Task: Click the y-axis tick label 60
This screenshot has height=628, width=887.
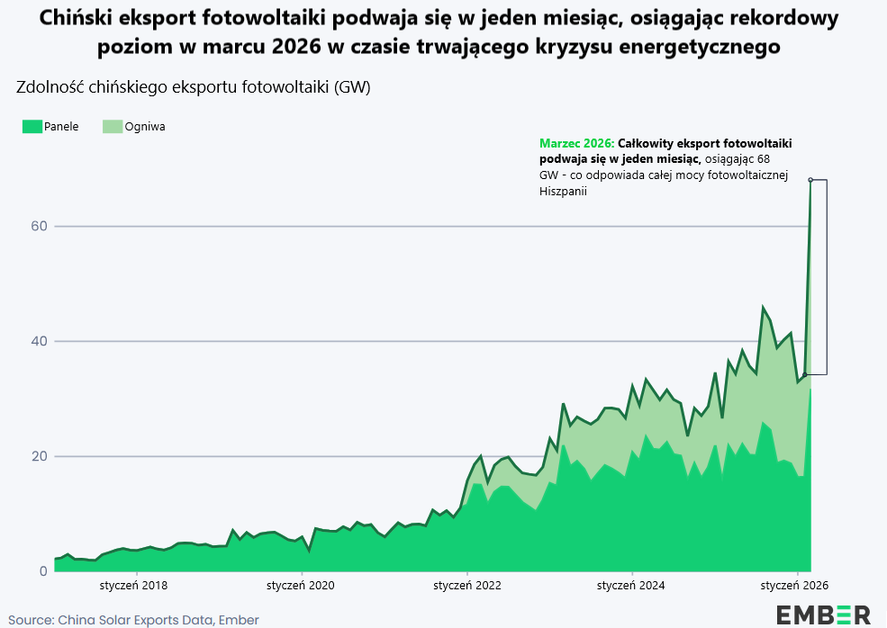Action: click(x=39, y=226)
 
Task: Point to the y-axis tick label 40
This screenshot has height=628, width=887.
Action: click(x=39, y=341)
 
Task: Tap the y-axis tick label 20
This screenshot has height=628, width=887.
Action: click(x=39, y=456)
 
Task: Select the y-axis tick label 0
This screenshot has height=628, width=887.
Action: click(x=43, y=571)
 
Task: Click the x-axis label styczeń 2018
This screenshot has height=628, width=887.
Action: click(x=133, y=586)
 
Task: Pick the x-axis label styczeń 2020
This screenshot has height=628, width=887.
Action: click(x=301, y=586)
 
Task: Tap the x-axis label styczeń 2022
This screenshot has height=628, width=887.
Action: click(x=467, y=586)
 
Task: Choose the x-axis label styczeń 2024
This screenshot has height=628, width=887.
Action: click(x=630, y=586)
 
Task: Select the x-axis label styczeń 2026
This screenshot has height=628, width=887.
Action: click(x=794, y=586)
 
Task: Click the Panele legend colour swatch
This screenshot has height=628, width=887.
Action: click(x=32, y=127)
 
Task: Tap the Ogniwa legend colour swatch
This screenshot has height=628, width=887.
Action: click(x=113, y=127)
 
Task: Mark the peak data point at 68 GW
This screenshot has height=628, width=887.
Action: click(x=810, y=180)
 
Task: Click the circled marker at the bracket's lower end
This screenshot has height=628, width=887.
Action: click(x=805, y=374)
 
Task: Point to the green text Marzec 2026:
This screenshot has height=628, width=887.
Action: click(x=577, y=144)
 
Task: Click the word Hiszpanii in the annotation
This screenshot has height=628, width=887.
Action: click(x=564, y=191)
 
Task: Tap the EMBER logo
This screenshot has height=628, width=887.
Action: click(x=823, y=615)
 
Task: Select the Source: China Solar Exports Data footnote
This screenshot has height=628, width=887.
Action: click(x=133, y=620)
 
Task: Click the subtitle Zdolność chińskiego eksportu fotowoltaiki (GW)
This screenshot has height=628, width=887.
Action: click(x=194, y=87)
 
